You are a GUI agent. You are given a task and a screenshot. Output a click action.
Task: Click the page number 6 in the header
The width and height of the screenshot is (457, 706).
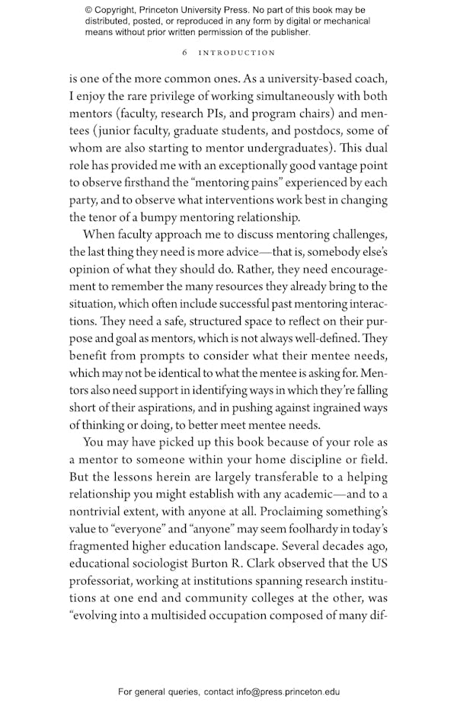tap(185, 53)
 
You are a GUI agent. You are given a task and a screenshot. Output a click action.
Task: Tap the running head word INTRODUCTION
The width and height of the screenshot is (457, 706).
tap(237, 53)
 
